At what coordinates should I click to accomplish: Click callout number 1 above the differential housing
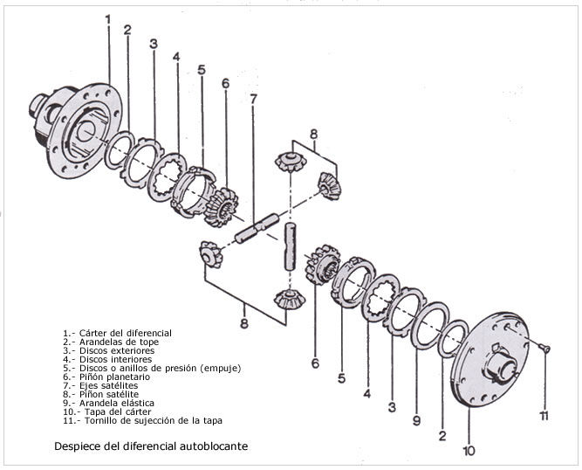(x=108, y=19)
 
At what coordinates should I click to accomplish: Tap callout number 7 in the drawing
(x=253, y=99)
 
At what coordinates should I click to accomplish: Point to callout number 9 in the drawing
(x=416, y=420)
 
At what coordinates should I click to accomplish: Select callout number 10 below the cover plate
(x=469, y=450)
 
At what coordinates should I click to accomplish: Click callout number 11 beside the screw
(x=544, y=416)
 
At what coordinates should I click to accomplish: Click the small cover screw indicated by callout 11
(x=544, y=348)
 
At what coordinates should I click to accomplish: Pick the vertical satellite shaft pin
(x=291, y=246)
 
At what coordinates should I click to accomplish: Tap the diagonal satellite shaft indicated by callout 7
(x=257, y=228)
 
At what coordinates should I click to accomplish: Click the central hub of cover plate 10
(x=499, y=365)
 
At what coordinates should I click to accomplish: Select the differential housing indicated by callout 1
(x=75, y=129)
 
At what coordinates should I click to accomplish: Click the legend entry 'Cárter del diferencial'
(x=126, y=333)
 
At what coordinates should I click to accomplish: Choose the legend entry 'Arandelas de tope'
(x=120, y=342)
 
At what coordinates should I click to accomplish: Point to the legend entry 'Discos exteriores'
(x=117, y=350)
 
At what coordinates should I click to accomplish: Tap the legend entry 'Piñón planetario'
(x=114, y=377)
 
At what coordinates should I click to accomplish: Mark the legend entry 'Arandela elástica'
(x=117, y=403)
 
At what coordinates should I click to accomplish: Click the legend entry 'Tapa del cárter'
(x=118, y=411)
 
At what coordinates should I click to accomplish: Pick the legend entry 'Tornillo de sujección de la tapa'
(x=154, y=420)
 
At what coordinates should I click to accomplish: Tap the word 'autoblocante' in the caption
(x=214, y=446)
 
